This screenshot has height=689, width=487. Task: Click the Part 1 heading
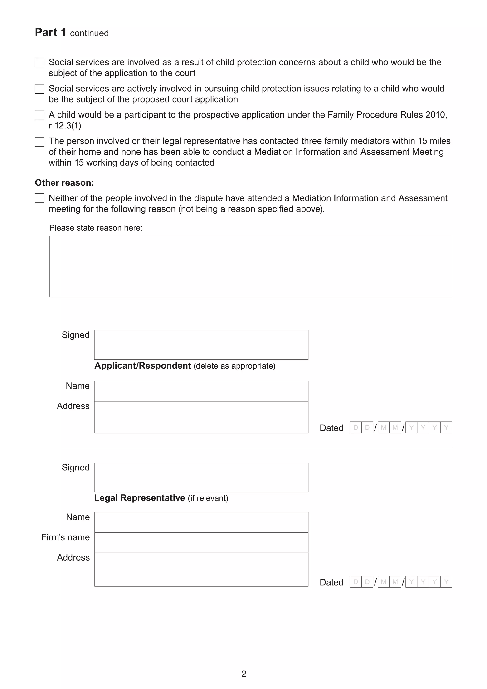point(50,32)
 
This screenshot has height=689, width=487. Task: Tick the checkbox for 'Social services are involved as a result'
point(39,62)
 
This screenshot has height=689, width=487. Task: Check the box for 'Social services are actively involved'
point(39,89)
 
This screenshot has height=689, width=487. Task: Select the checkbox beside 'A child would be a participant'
point(39,115)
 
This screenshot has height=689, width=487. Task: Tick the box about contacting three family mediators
point(39,142)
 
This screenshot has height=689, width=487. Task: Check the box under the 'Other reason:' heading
point(39,198)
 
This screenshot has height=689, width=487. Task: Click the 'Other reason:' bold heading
point(64,183)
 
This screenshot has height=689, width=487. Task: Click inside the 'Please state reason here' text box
point(250,266)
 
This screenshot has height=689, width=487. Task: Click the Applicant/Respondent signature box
point(201,345)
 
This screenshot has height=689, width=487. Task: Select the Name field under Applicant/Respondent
point(201,391)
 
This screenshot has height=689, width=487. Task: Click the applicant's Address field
point(201,417)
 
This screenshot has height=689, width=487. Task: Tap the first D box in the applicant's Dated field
point(356,428)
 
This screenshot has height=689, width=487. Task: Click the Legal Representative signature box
point(201,477)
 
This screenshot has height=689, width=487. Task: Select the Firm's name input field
point(201,542)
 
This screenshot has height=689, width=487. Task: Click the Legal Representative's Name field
point(201,522)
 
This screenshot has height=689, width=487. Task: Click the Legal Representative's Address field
point(201,569)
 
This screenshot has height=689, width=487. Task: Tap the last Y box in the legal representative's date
point(446,582)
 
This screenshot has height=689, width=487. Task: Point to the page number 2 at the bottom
point(243,674)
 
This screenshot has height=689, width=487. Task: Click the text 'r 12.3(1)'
point(65,126)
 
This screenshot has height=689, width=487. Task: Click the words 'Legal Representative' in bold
point(139,498)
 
